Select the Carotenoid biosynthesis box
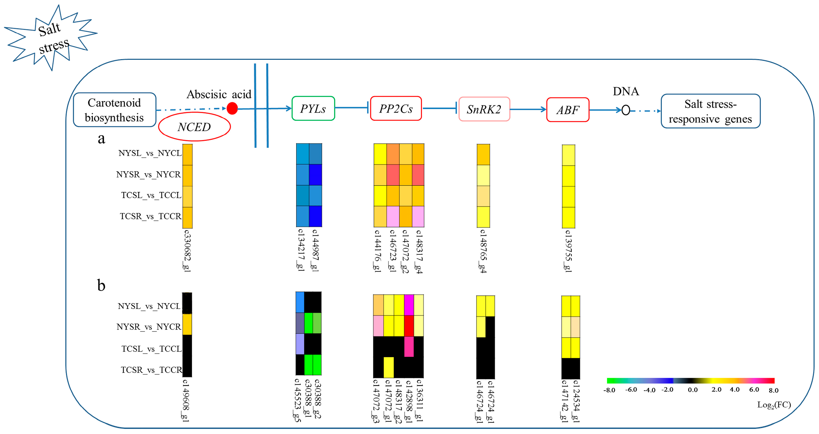pos(114,110)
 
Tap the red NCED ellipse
pos(194,127)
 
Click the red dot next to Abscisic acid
pos(232,108)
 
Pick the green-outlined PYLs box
pos(313,109)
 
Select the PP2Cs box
pos(396,109)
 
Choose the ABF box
pos(568,110)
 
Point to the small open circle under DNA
pos(626,110)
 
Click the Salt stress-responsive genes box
pos(711,111)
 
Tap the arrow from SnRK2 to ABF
pos(528,109)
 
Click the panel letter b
pos(101,285)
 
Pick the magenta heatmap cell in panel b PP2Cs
pos(409,305)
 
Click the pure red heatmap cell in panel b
pos(409,326)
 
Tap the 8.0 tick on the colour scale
pos(773,390)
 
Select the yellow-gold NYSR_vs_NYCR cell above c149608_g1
pos(187,324)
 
